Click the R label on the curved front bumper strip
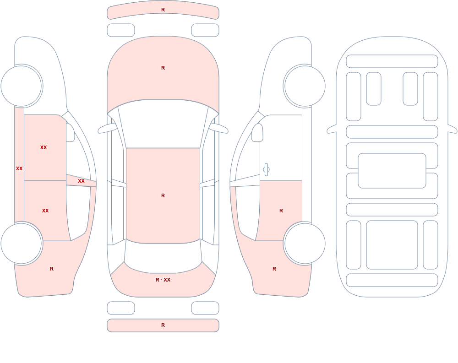point(163,10)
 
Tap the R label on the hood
point(163,68)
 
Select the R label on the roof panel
point(163,195)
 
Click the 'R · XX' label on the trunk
point(163,280)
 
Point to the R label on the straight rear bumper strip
point(163,325)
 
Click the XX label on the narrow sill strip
point(19,168)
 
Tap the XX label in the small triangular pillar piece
point(81,181)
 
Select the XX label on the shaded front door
point(44,147)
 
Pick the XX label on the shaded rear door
point(45,211)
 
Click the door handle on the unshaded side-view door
point(266,170)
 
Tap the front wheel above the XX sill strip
point(22,86)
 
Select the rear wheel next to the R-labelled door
point(305,243)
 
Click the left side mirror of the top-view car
point(107,129)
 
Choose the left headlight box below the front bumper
point(121,30)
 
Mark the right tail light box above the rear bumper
point(205,308)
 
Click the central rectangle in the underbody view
point(392,171)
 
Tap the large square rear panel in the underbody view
point(392,245)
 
